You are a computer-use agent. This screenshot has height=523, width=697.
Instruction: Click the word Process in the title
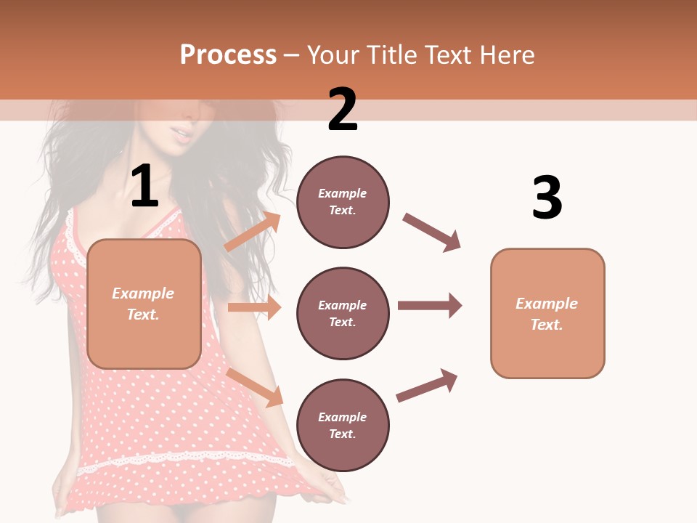[228, 54]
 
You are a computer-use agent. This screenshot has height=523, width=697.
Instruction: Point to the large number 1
[144, 187]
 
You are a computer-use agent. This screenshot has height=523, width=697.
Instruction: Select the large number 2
[343, 110]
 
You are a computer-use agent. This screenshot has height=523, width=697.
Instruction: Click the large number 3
[547, 198]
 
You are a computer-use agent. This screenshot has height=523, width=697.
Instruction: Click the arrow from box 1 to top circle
[253, 232]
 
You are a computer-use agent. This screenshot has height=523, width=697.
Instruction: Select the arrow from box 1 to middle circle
[254, 307]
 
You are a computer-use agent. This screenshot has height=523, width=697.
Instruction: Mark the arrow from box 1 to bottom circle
[255, 386]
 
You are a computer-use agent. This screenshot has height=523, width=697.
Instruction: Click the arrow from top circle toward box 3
[432, 232]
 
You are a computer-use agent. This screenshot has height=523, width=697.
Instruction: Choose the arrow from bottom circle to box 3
[427, 386]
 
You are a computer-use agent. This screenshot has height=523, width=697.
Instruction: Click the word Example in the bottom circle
[343, 417]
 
